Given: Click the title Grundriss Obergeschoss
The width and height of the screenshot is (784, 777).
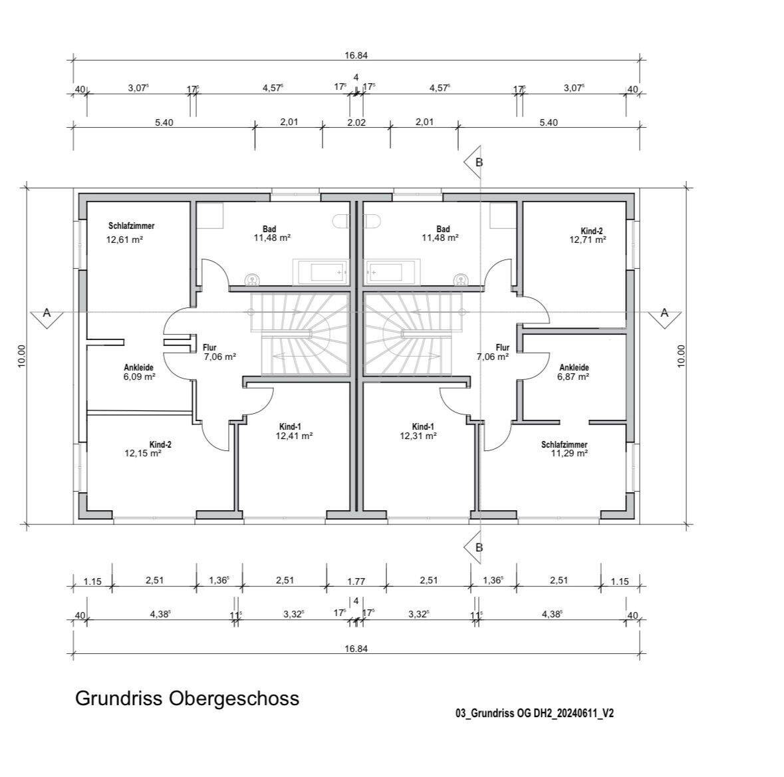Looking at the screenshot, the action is point(187,699).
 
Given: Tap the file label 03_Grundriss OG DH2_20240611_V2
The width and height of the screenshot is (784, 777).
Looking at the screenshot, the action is point(535,713).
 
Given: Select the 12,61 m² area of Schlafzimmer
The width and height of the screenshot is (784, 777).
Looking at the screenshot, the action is point(124,239).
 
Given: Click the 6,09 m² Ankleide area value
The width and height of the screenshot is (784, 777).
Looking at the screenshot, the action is point(139,377).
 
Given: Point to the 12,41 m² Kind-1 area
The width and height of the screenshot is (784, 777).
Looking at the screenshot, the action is point(294,436).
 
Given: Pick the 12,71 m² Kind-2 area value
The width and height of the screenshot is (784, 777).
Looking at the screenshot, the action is point(588,239).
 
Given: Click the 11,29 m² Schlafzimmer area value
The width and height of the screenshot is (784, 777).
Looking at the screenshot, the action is point(569,453).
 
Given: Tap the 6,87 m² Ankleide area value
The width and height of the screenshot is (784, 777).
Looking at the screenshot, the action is point(573,377).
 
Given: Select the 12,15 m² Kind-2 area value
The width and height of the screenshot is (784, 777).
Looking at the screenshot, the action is point(143,453).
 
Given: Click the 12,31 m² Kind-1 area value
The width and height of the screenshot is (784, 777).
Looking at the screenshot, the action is point(418,436).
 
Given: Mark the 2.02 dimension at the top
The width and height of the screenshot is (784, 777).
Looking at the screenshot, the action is point(356,122).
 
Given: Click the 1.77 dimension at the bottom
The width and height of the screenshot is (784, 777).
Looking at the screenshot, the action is point(356,581).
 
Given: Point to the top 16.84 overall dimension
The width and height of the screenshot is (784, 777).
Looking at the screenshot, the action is point(356,55).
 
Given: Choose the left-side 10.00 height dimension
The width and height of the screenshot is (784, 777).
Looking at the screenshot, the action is point(21,356).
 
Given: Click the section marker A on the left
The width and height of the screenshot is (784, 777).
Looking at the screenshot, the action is point(47,317).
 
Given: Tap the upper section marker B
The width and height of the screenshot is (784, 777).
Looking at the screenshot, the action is point(473,162).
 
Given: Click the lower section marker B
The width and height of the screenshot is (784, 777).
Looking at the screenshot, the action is point(473,547).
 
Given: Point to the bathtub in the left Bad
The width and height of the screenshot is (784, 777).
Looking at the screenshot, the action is point(321,272).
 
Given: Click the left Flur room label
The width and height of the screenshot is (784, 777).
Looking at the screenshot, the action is point(209,348).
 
